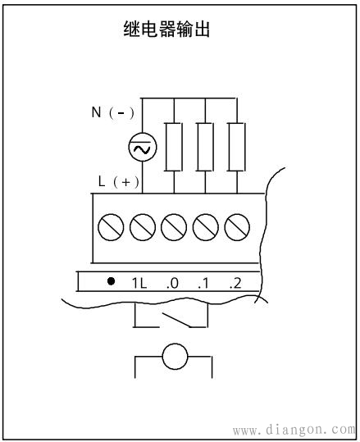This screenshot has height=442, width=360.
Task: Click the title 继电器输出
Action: (166, 29)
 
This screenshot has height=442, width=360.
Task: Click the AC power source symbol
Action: (143, 147)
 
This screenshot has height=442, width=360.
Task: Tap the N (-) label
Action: (113, 112)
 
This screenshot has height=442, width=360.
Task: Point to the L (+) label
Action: (119, 181)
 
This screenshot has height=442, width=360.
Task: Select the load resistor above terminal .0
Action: (174, 147)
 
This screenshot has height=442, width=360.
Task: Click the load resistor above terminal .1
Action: (205, 147)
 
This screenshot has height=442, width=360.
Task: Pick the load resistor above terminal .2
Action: (236, 147)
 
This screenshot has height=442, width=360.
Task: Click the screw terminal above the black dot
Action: (111, 227)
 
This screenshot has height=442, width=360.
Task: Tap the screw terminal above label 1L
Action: (143, 227)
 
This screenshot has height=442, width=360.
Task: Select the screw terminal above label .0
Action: (174, 227)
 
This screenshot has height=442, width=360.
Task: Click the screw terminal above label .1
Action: (206, 227)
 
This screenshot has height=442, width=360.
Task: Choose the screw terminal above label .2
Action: (237, 227)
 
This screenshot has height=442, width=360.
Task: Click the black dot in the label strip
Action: (111, 281)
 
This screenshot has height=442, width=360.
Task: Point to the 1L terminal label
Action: (139, 283)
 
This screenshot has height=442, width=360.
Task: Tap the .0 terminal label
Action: (172, 283)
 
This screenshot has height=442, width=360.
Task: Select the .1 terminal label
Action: (203, 283)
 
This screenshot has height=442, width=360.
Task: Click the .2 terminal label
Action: (235, 283)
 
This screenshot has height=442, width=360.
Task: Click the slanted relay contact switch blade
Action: (175, 320)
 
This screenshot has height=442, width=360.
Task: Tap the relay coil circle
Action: (175, 356)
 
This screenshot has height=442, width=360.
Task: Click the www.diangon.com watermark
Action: (294, 430)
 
